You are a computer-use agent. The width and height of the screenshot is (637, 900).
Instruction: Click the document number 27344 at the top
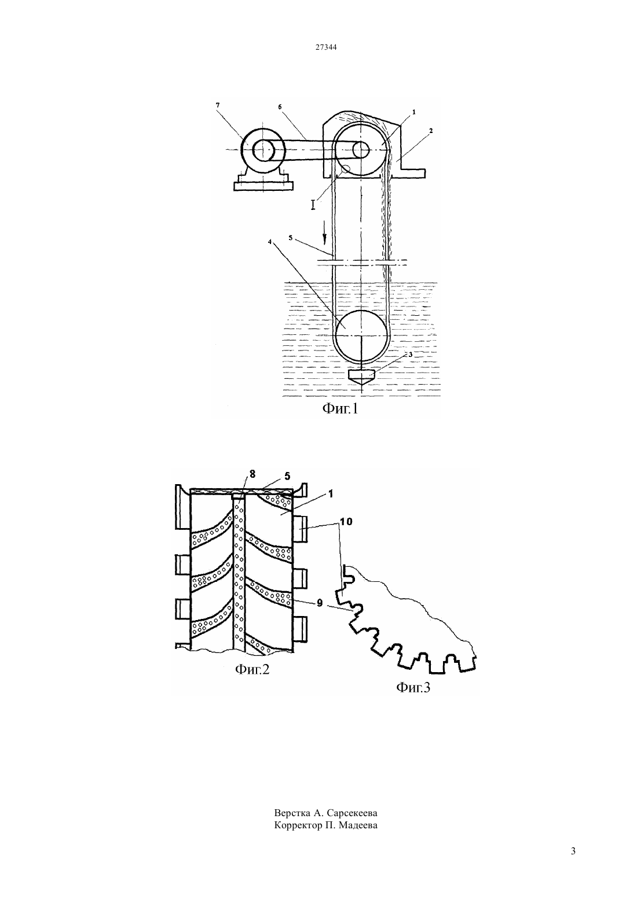click(x=325, y=47)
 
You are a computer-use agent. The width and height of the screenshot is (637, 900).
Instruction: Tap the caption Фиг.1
click(x=340, y=409)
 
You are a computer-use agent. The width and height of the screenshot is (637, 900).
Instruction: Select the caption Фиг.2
click(x=252, y=669)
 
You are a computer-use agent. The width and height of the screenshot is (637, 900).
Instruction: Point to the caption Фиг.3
click(x=413, y=688)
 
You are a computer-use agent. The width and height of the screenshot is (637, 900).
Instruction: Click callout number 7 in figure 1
click(x=218, y=105)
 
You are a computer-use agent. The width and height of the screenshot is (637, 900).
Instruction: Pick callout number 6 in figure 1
click(x=280, y=106)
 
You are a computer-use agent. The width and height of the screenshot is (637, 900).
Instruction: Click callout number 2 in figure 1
click(x=431, y=131)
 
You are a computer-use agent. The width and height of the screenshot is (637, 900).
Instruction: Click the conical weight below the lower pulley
click(x=361, y=377)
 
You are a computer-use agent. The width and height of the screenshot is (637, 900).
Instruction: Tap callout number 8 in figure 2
click(x=252, y=474)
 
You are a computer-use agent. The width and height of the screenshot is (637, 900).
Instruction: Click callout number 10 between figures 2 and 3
click(x=346, y=522)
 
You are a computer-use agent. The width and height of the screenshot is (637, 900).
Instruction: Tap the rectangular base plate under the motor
click(x=263, y=186)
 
